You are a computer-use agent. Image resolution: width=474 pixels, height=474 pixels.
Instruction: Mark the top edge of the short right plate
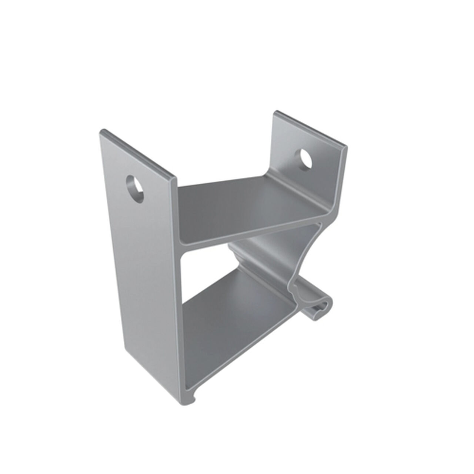point(311,128)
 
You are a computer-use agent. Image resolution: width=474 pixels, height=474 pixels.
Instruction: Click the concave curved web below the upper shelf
point(304,252)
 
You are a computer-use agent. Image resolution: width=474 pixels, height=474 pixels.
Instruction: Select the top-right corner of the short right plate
point(347,147)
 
